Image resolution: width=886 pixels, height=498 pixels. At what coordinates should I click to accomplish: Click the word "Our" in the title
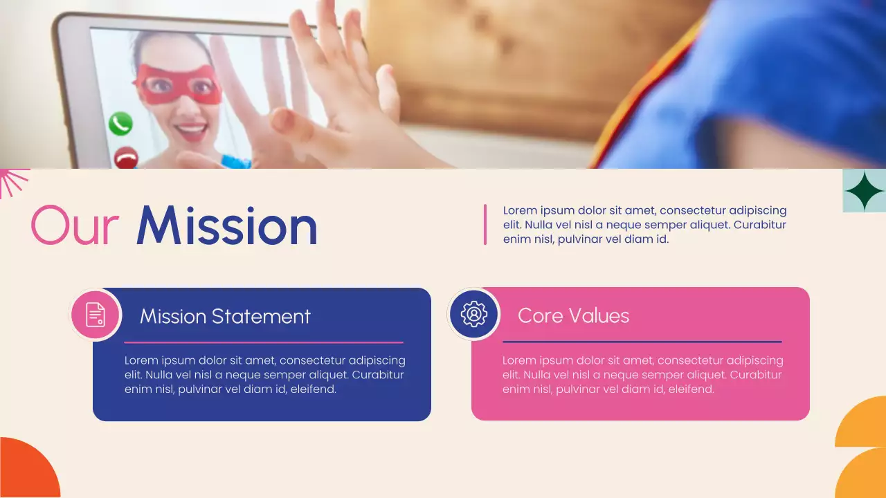pos(75,226)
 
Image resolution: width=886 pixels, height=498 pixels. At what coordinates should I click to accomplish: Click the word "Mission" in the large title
pos(227,226)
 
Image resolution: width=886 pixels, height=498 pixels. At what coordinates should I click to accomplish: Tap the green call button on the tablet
pos(120,124)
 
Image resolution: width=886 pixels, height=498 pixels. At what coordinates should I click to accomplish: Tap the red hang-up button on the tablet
pos(125,158)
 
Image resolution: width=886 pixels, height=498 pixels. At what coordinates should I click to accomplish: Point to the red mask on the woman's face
pos(178,84)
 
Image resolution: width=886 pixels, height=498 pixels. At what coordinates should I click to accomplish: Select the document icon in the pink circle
pos(96,315)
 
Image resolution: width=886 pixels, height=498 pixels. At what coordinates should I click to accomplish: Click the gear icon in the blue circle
pos(474,314)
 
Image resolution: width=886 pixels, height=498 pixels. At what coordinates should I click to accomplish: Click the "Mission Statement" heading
pos(225,316)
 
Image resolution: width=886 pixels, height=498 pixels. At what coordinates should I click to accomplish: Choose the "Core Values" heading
pos(573,315)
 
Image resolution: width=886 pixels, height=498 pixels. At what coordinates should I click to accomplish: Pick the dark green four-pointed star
pos(863,191)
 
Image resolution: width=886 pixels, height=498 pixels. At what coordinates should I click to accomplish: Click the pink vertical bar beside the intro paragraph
pos(485,224)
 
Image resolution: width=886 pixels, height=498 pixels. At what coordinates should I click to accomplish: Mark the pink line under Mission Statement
pos(263,342)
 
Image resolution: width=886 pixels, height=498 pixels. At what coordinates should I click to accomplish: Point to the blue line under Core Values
pos(642,342)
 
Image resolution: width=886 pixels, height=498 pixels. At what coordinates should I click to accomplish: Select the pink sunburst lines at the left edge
pos(12,182)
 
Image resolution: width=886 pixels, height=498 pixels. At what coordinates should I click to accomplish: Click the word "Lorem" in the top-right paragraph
pos(521,210)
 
